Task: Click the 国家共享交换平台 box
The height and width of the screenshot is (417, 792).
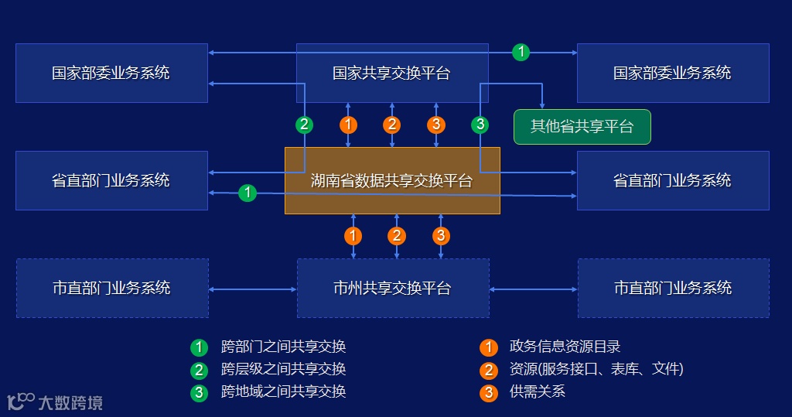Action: (392, 73)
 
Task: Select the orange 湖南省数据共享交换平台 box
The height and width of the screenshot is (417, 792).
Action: (392, 180)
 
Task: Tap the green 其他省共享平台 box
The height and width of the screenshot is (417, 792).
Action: (582, 127)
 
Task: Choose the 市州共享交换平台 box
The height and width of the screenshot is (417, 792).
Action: (393, 288)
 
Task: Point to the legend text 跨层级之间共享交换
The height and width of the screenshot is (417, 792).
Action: (283, 369)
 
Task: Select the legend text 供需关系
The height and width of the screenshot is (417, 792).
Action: (538, 391)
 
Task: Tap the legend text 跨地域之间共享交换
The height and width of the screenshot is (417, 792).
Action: (283, 391)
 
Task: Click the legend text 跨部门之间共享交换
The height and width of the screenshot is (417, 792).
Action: (283, 347)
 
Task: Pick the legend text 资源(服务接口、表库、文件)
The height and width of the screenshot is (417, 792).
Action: (596, 369)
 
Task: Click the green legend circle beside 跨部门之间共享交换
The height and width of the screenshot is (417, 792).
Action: (200, 347)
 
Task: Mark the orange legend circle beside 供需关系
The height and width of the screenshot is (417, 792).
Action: (488, 392)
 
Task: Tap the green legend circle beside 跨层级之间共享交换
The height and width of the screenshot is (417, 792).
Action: (200, 370)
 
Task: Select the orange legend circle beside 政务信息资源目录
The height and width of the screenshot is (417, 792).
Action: (488, 347)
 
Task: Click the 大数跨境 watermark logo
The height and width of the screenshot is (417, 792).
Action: (54, 402)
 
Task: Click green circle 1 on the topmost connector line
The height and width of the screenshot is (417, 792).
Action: (521, 53)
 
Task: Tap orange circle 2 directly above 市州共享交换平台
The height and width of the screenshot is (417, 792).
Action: (397, 235)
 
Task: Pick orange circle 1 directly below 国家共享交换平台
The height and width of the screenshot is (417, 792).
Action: (349, 125)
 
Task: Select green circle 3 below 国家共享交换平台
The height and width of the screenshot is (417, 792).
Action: (480, 125)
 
